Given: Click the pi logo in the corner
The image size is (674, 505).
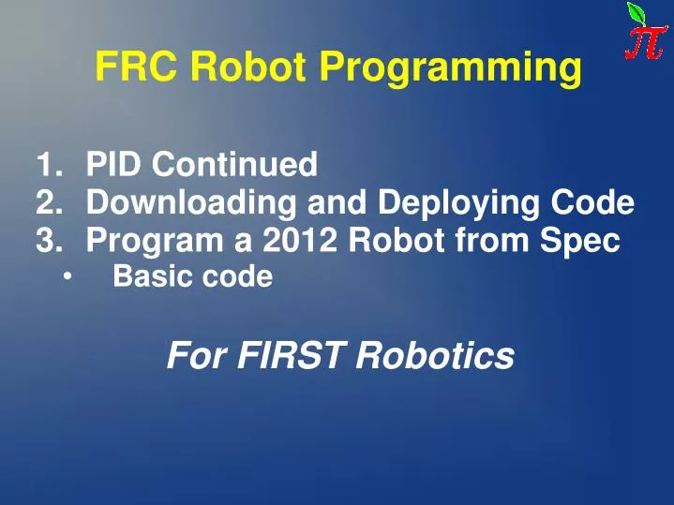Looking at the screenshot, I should tap(647, 32).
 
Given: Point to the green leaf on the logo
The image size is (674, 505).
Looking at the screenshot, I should tap(637, 13).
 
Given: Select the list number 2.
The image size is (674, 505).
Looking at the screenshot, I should tap(47, 203).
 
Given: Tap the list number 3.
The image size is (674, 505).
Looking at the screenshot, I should tap(47, 241).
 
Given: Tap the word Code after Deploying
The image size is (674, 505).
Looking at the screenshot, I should tap(592, 203).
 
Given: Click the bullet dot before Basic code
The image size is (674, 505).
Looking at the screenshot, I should tap(67, 277).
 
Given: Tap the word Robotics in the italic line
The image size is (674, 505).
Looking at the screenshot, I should tap(435, 355).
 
